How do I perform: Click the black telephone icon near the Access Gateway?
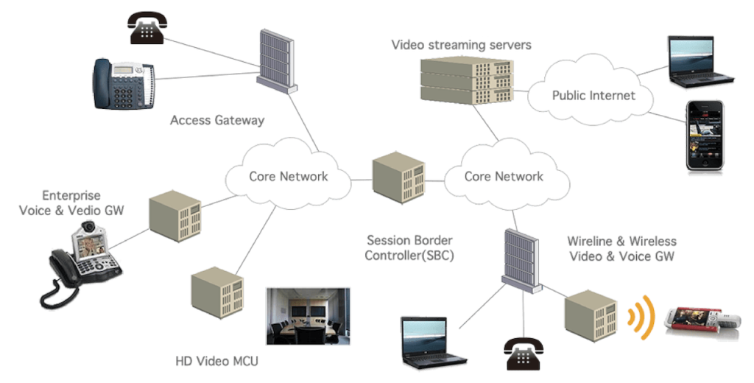tap(147, 27)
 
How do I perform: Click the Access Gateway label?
tap(217, 120)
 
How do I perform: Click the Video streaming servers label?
tap(461, 45)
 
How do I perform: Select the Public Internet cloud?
tap(593, 95)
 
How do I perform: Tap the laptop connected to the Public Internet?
tap(700, 62)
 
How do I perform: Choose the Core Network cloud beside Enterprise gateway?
tap(288, 176)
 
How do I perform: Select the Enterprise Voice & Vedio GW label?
tap(71, 203)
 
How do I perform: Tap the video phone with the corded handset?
tap(85, 262)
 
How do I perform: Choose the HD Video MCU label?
tap(217, 362)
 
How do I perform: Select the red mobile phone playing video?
tap(699, 320)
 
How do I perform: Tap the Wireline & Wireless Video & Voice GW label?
tap(621, 249)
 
